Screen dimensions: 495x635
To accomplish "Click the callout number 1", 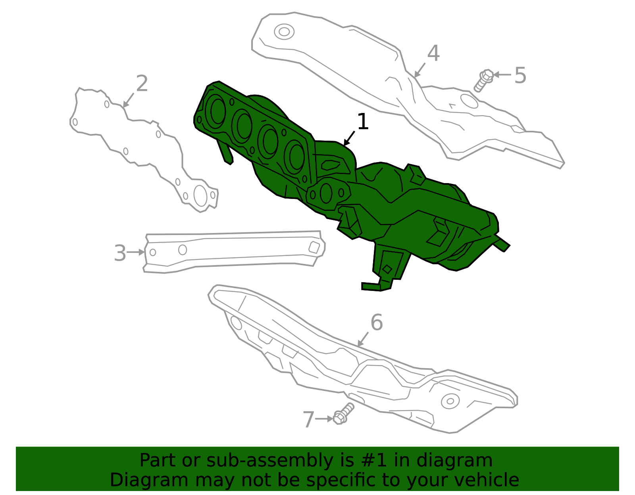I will [x=363, y=122].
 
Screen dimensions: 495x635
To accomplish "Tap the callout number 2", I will [x=142, y=84].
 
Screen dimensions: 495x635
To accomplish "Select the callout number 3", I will [x=119, y=253].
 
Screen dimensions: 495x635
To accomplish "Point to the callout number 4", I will [x=433, y=53].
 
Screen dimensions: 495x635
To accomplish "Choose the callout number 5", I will [x=520, y=75].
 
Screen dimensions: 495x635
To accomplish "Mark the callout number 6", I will [x=376, y=322].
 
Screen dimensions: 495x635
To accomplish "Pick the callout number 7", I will [x=308, y=419].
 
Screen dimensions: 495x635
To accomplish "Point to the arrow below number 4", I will [x=419, y=70].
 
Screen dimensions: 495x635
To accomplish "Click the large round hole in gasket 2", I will [x=200, y=196].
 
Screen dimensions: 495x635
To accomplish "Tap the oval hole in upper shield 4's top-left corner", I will [x=284, y=32].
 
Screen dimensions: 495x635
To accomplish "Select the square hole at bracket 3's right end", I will [x=314, y=247].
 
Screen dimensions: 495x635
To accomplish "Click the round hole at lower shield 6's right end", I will [x=450, y=401].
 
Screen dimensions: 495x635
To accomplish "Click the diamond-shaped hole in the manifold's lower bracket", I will [x=387, y=269].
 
